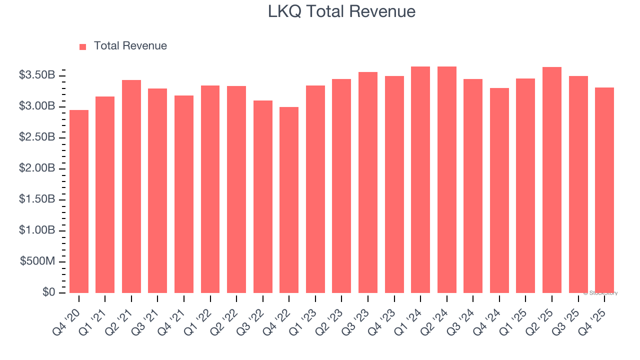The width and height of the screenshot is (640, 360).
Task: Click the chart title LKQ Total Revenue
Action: click(x=341, y=11)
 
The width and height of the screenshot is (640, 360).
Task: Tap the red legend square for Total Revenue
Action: click(x=83, y=46)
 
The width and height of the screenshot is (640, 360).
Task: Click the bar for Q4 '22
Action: click(x=289, y=199)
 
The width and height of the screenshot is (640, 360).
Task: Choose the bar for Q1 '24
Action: click(x=420, y=179)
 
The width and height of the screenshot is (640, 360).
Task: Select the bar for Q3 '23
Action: click(x=368, y=182)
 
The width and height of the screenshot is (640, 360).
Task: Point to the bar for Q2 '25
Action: click(x=552, y=179)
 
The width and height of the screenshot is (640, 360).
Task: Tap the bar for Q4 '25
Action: click(x=604, y=190)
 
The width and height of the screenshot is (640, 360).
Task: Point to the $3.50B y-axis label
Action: click(x=36, y=75)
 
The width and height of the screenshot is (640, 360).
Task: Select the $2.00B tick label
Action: click(x=36, y=168)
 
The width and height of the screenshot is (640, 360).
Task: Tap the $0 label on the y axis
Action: click(x=48, y=292)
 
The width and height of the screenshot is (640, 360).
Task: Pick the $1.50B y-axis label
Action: click(x=36, y=199)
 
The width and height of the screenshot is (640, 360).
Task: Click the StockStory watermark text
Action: click(x=600, y=293)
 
